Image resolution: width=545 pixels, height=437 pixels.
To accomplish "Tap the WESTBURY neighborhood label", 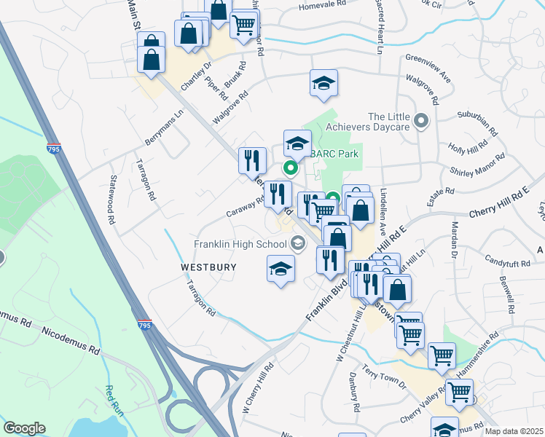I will tap(208, 267).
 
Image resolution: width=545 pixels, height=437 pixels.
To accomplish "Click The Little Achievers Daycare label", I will tap(389, 122).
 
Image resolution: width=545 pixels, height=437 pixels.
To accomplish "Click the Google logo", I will tap(24, 428).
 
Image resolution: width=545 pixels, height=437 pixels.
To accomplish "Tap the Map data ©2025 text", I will tap(513, 431).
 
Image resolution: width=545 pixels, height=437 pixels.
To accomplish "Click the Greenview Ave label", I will tap(428, 61).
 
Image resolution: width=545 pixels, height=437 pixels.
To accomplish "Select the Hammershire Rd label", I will tap(476, 355).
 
